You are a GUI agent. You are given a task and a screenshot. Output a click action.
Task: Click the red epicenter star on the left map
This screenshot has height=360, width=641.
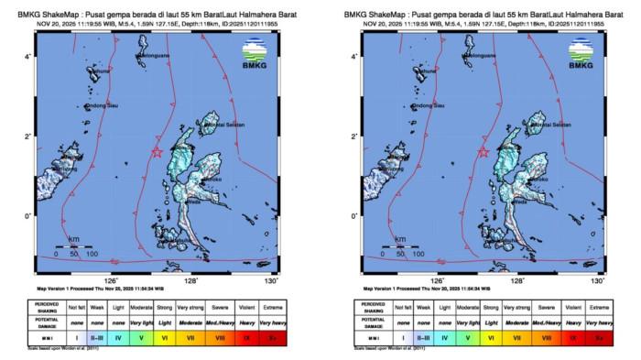pyautogui.click(x=157, y=152)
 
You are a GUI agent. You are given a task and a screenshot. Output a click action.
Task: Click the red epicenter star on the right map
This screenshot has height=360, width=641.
pyautogui.click(x=483, y=152)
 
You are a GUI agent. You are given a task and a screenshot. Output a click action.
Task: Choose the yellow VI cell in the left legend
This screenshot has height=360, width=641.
pyautogui.click(x=165, y=338)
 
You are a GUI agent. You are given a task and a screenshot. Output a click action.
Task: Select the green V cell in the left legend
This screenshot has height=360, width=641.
pyautogui.click(x=140, y=338)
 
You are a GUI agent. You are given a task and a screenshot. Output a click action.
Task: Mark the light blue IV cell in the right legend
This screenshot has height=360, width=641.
pyautogui.click(x=443, y=338)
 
